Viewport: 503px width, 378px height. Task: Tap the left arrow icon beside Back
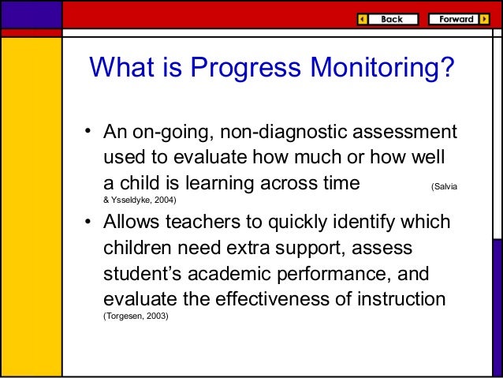(362, 19)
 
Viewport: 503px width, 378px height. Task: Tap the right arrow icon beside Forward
(483, 19)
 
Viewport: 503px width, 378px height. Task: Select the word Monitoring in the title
(378, 70)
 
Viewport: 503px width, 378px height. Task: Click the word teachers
(214, 223)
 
